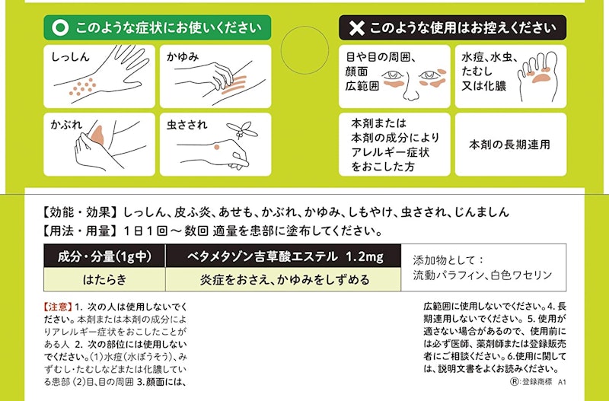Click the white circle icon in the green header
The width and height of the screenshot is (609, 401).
pos(60,28)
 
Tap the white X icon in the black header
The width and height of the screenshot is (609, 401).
pos(356,28)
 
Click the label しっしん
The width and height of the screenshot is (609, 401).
pos(71,57)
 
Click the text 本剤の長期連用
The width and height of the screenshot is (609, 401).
pos(509,144)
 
